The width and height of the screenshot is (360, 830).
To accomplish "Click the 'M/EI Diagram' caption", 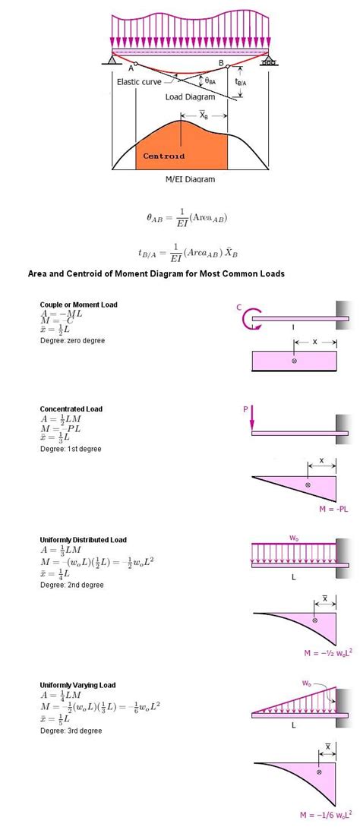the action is click(x=190, y=179).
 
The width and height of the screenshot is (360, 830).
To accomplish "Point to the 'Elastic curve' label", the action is click(x=141, y=82).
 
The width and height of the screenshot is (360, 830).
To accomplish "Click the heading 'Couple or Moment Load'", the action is click(x=78, y=305).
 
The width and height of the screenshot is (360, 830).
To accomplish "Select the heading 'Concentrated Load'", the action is click(x=71, y=409).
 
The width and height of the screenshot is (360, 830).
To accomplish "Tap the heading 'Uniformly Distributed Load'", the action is click(x=84, y=540).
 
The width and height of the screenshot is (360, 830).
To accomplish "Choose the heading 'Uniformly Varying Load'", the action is click(x=78, y=685).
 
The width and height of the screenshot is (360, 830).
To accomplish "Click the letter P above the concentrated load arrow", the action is click(x=245, y=409).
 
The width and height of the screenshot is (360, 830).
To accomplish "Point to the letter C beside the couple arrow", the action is click(x=238, y=308).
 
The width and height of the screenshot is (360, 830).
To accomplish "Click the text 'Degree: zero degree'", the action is click(x=72, y=341).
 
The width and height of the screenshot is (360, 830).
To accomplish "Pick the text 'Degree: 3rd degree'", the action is click(x=71, y=731).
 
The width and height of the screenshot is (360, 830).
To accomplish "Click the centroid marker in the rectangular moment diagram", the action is click(x=294, y=361).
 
